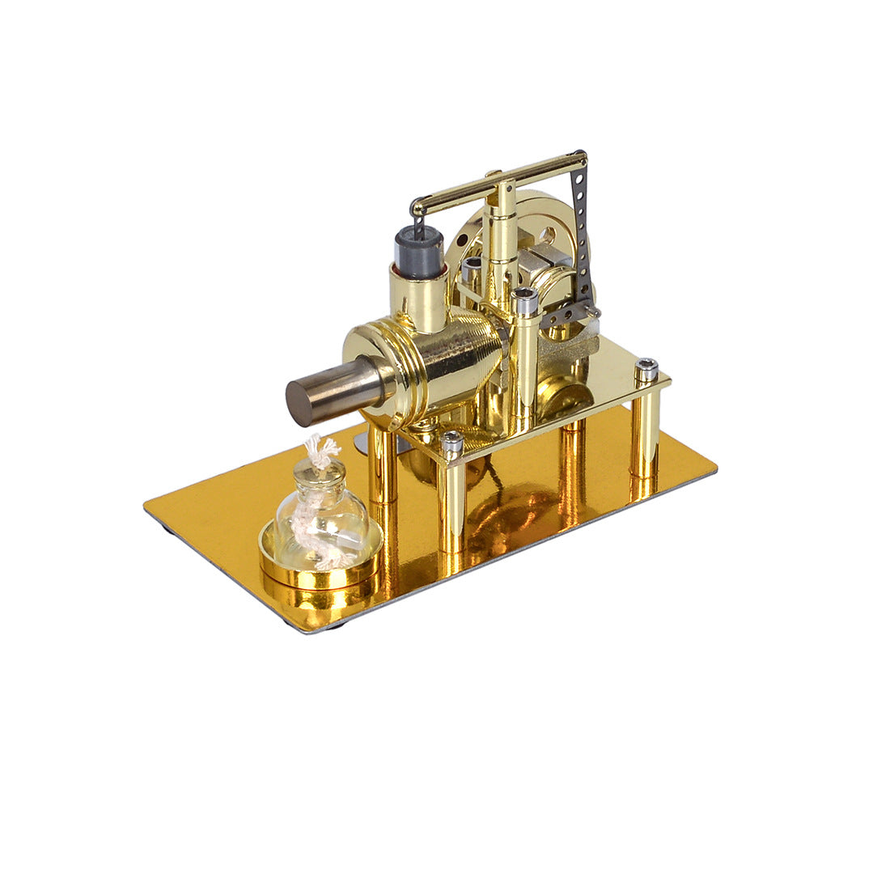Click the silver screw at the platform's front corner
coord(452,442)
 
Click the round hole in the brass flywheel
coord(548,235)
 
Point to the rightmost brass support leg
coord(644,437)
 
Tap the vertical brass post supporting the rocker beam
coord(502,227)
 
